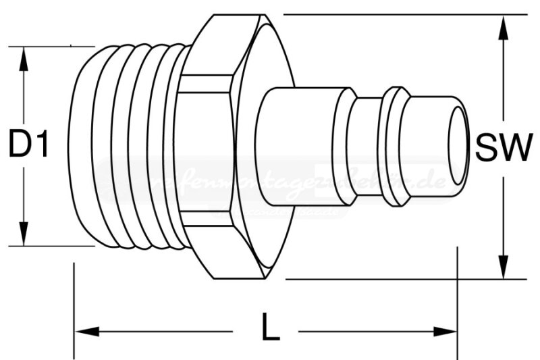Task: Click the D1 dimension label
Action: pos(29,145)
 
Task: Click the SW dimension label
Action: pos(504,147)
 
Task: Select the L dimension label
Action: pos(270,329)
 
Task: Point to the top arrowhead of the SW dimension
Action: pos(504,27)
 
